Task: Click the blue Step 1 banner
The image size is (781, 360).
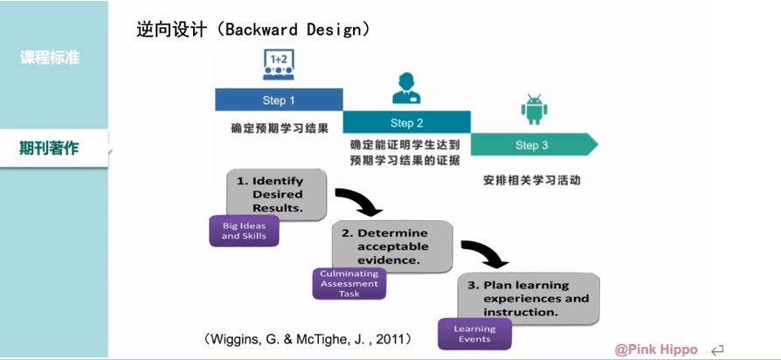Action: (279, 100)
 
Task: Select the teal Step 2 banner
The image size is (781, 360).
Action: (406, 122)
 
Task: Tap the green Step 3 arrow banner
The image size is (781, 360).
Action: (534, 145)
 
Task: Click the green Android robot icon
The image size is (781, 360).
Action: (531, 108)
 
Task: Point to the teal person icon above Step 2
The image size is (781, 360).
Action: (406, 88)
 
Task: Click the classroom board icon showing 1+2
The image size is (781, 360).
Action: (278, 65)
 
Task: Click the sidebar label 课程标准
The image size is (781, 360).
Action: (50, 58)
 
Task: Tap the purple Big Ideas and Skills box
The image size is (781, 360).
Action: (244, 231)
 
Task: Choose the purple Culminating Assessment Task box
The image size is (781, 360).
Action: (349, 284)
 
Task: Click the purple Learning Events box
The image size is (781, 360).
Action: (475, 334)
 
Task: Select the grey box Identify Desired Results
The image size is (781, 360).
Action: (277, 195)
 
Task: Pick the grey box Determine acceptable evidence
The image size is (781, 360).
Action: (392, 246)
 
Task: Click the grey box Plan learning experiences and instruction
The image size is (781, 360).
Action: (529, 299)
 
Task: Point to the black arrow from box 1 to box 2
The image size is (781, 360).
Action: (360, 200)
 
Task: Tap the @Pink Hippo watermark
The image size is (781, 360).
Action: (656, 350)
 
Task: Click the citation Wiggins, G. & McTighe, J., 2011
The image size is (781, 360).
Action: (308, 339)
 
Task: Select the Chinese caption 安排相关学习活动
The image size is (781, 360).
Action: (531, 180)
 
